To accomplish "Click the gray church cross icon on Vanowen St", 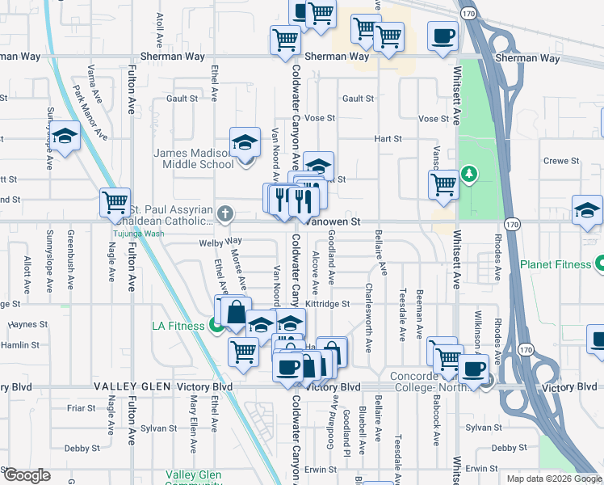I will pyautogui.click(x=225, y=214).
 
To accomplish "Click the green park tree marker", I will pyautogui.click(x=468, y=174).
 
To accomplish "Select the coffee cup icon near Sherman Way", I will pyautogui.click(x=442, y=36).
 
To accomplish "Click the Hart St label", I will pyautogui.click(x=388, y=139).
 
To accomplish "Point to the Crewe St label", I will pyautogui.click(x=561, y=161).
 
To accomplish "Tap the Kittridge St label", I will pyautogui.click(x=327, y=304).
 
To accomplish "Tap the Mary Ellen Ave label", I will pyautogui.click(x=194, y=425).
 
